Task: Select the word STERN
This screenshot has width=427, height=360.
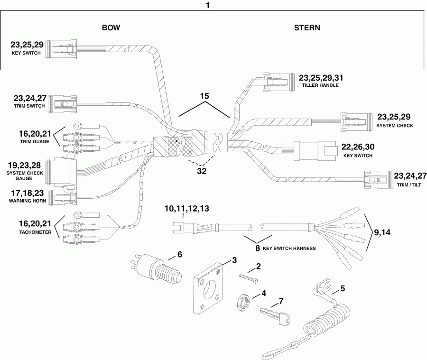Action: click(306, 28)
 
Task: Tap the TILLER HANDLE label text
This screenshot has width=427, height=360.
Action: click(320, 86)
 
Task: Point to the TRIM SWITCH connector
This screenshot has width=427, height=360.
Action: click(64, 103)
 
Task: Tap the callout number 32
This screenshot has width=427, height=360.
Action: click(202, 172)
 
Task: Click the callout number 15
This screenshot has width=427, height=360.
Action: click(204, 96)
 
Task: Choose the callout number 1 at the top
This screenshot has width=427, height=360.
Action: click(207, 6)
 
